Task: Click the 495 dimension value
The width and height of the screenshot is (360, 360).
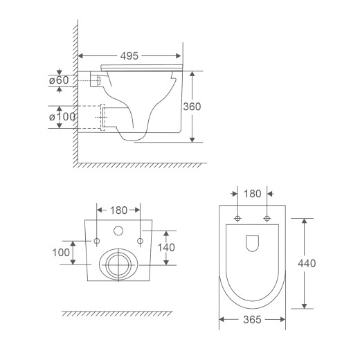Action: pyautogui.click(x=129, y=56)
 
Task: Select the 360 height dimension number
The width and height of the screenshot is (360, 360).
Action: pyautogui.click(x=192, y=107)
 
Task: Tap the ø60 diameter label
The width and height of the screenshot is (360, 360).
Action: pyautogui.click(x=59, y=80)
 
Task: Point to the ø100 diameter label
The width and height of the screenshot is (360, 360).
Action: pyautogui.click(x=62, y=117)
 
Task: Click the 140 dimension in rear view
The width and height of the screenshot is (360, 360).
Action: pyautogui.click(x=166, y=248)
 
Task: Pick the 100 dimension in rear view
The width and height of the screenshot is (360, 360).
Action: pyautogui.click(x=61, y=253)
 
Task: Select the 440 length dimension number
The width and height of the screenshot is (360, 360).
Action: pyautogui.click(x=307, y=263)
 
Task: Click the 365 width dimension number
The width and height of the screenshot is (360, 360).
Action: pyautogui.click(x=252, y=320)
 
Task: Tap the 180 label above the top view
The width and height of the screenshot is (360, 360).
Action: pyautogui.click(x=253, y=194)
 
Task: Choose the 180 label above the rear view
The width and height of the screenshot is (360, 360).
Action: pyautogui.click(x=118, y=210)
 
